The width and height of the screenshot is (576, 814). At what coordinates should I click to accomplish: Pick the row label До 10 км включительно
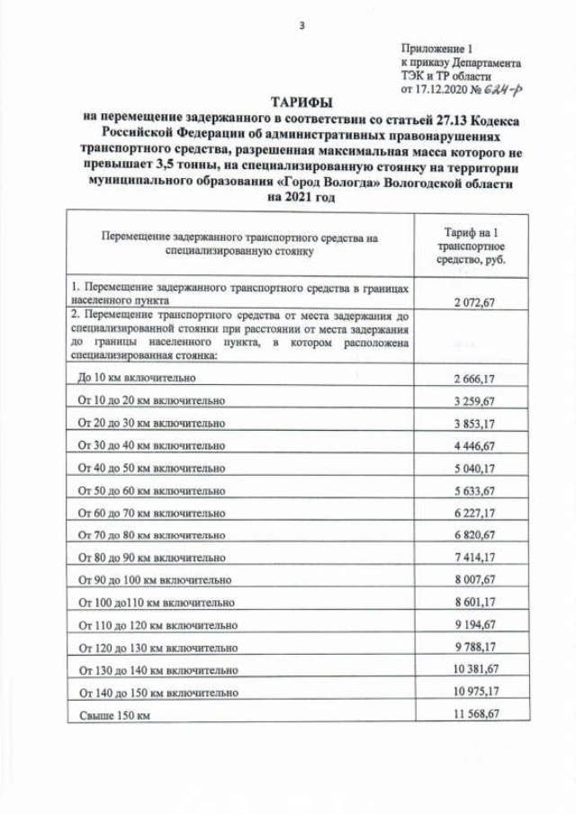[137, 378]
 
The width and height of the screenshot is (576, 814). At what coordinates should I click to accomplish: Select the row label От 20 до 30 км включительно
[151, 423]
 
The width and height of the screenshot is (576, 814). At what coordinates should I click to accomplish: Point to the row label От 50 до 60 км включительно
[151, 490]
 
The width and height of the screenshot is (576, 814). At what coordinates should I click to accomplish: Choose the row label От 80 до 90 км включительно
[151, 558]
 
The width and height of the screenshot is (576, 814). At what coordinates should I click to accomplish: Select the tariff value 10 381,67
[475, 669]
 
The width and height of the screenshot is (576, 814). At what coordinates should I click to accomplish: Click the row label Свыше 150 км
[114, 714]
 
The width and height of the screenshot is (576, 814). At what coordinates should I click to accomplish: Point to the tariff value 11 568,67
[475, 713]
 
